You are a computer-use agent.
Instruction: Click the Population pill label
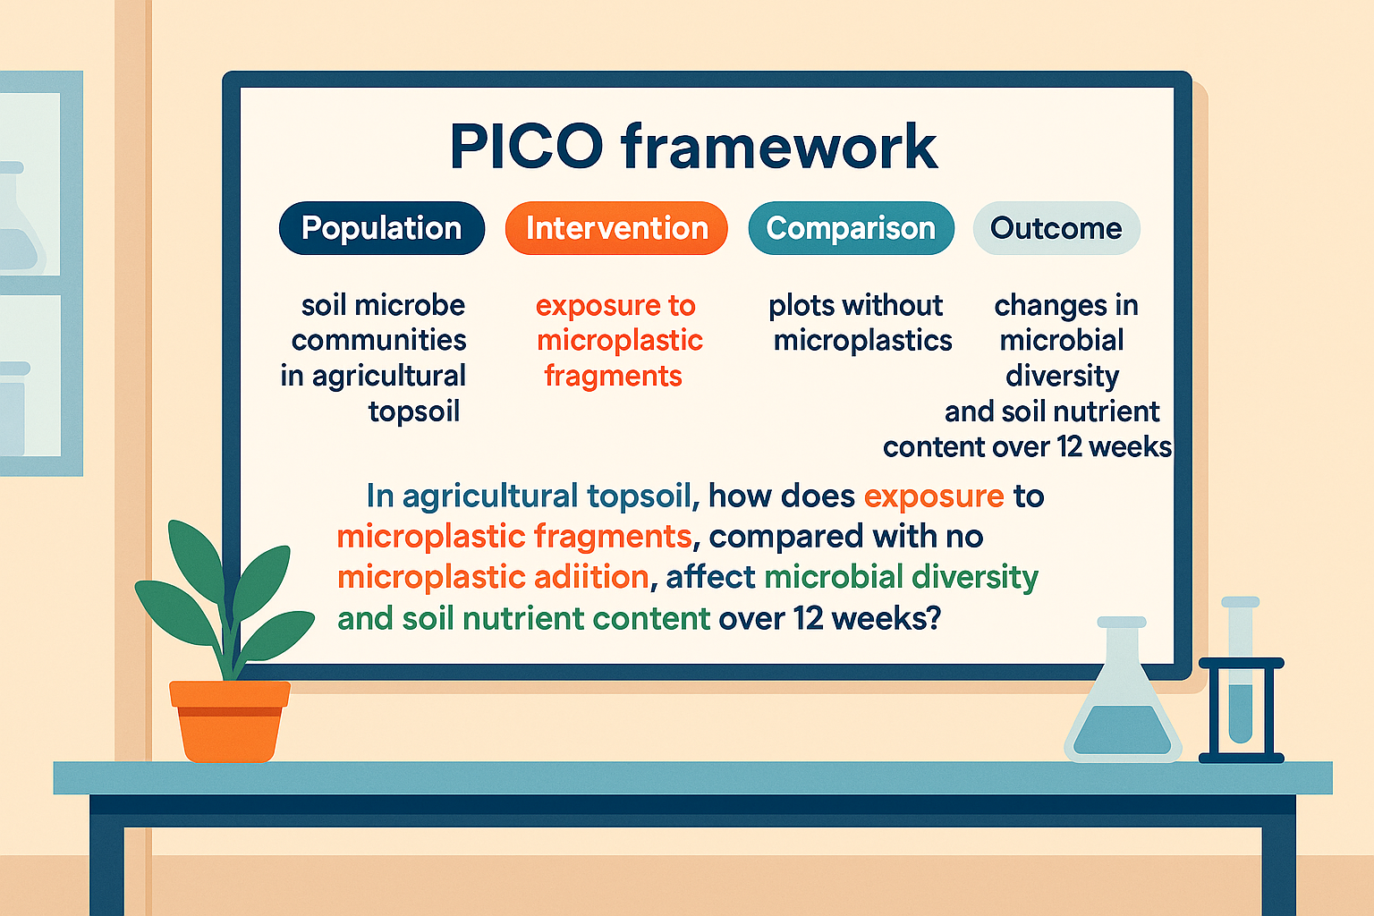click(x=382, y=228)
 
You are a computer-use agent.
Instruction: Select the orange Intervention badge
click(x=616, y=228)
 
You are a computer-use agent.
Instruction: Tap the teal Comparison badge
click(x=851, y=228)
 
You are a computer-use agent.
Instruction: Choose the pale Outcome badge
click(x=1056, y=228)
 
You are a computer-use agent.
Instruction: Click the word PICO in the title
click(x=527, y=146)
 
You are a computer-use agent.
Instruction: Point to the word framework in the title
click(x=778, y=146)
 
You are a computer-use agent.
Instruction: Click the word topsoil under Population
click(x=414, y=411)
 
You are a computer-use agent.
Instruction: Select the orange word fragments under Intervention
click(x=614, y=376)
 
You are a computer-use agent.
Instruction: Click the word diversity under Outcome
click(x=1062, y=376)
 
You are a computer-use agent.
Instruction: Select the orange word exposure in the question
click(x=934, y=496)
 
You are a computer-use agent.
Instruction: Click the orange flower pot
click(x=230, y=719)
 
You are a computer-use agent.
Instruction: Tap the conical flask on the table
click(x=1123, y=707)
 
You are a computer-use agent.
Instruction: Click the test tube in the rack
click(x=1241, y=680)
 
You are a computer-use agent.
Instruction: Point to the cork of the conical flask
click(x=1122, y=622)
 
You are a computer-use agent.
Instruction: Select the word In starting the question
click(x=380, y=496)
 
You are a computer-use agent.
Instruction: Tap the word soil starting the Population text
click(x=324, y=306)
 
